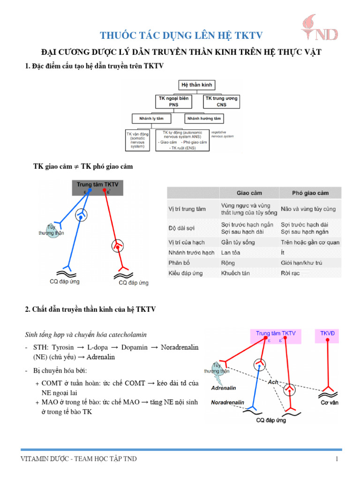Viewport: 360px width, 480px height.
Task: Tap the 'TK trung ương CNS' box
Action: [221, 101]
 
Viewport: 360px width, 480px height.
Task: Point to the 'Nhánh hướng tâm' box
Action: [204, 118]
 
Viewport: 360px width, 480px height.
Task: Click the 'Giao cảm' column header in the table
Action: [249, 193]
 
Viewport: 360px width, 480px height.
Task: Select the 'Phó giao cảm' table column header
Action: [310, 193]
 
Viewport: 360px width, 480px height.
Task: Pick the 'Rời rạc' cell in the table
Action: [291, 273]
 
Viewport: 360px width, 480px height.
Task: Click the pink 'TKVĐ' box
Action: [330, 336]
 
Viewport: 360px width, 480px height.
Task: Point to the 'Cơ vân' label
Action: [330, 403]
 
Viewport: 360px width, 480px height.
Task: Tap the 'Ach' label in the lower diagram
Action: [273, 382]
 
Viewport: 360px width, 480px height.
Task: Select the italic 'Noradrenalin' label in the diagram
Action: [227, 402]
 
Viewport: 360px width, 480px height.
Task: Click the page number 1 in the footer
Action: [337, 459]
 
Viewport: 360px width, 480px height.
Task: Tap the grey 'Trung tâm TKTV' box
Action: [97, 187]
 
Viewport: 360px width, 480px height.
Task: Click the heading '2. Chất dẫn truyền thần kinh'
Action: [90, 309]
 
